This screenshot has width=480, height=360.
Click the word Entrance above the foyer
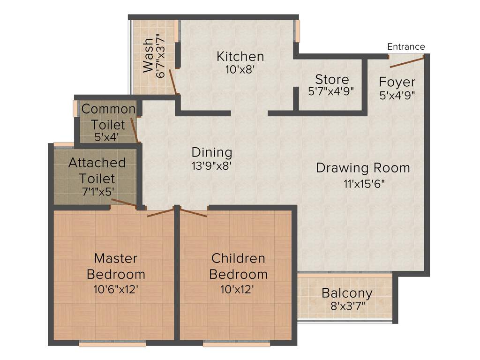pyautogui.click(x=406, y=46)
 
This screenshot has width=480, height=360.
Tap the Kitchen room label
pyautogui.click(x=240, y=57)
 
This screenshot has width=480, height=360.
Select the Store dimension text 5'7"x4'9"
pyautogui.click(x=331, y=91)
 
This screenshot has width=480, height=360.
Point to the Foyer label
pyautogui.click(x=397, y=82)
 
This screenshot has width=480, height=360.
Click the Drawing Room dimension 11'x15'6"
pyautogui.click(x=363, y=184)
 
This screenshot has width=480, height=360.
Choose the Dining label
pyautogui.click(x=212, y=152)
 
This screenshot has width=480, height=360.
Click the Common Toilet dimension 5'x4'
pyautogui.click(x=106, y=137)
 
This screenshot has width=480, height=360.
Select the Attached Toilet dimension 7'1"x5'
pyautogui.click(x=97, y=191)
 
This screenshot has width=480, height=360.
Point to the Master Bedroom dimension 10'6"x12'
pyautogui.click(x=116, y=289)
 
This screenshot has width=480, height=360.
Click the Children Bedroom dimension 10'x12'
pyautogui.click(x=238, y=289)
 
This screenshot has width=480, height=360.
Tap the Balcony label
pyautogui.click(x=347, y=293)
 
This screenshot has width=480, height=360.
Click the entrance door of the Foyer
pyautogui.click(x=406, y=61)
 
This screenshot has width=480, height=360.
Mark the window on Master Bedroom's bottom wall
pyautogui.click(x=112, y=344)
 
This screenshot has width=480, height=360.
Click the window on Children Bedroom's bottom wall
pyautogui.click(x=236, y=344)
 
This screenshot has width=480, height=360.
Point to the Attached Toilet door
pyautogui.click(x=124, y=202)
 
